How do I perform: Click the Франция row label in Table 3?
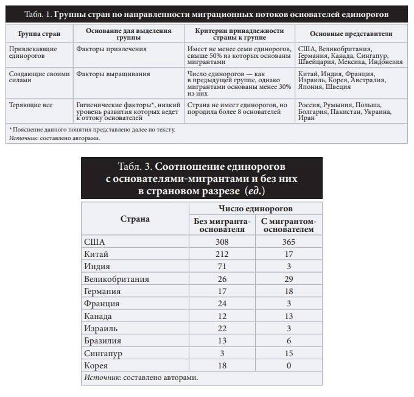pos(102,303)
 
